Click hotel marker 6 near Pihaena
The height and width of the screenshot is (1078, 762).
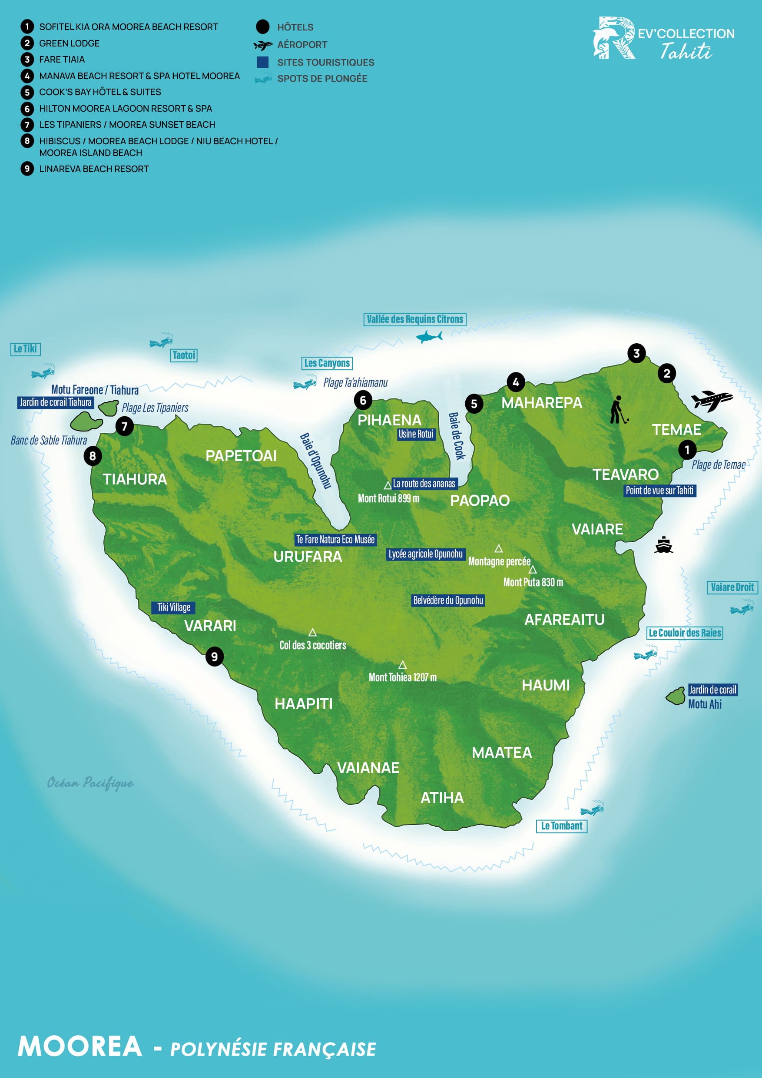pyautogui.click(x=363, y=401)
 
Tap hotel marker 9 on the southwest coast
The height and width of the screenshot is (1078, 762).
pyautogui.click(x=215, y=657)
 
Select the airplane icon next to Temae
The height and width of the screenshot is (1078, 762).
pyautogui.click(x=711, y=401)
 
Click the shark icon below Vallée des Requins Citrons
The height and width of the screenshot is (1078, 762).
pyautogui.click(x=429, y=337)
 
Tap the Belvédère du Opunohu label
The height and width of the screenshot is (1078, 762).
pyautogui.click(x=448, y=600)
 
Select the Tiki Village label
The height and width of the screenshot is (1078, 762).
pyautogui.click(x=173, y=607)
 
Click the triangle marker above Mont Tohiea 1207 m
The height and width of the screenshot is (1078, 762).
pyautogui.click(x=402, y=665)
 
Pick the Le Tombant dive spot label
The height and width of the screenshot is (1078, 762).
pyautogui.click(x=562, y=826)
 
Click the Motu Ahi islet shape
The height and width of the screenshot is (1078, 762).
pyautogui.click(x=676, y=696)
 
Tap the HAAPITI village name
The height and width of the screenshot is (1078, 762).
pyautogui.click(x=303, y=704)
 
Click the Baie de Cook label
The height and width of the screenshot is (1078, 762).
pyautogui.click(x=456, y=436)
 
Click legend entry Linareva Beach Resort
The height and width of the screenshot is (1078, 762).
pyautogui.click(x=94, y=169)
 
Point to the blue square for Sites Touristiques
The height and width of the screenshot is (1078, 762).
pyautogui.click(x=263, y=62)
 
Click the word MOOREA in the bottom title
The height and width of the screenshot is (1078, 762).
pyautogui.click(x=80, y=1047)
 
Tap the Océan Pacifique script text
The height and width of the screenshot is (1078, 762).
pyautogui.click(x=90, y=783)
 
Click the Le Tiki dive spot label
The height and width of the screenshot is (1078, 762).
pyautogui.click(x=25, y=349)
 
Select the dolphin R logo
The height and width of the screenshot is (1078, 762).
pyautogui.click(x=613, y=39)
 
